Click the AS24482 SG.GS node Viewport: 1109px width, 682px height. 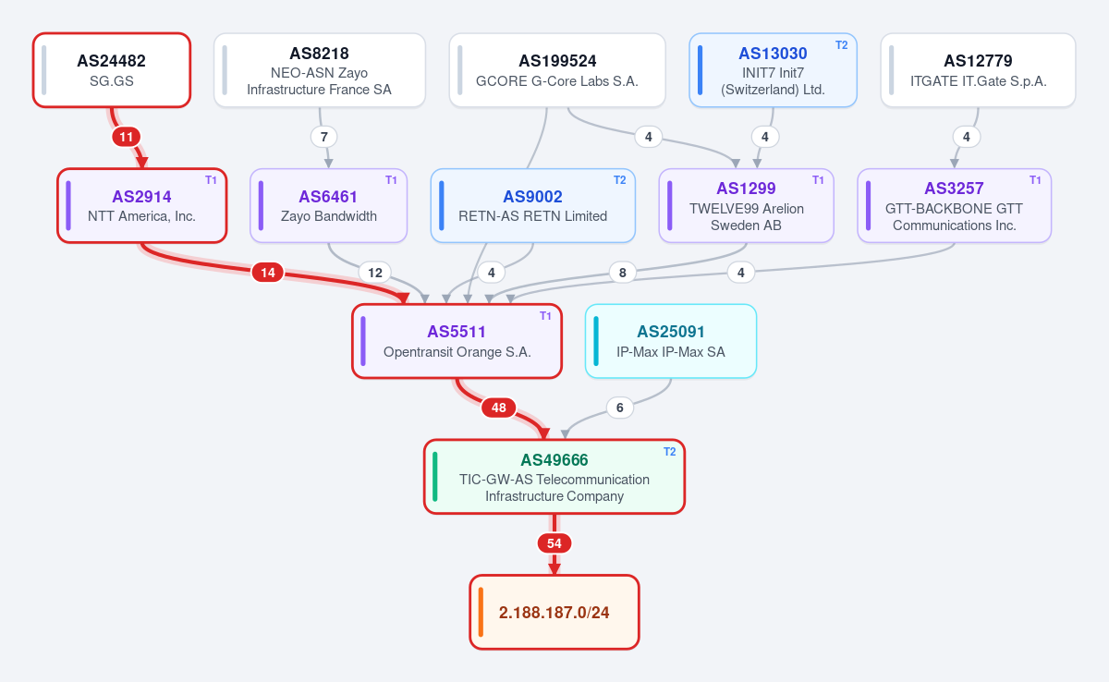pyautogui.click(x=112, y=70)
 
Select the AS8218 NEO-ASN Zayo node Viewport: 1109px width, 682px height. pyautogui.click(x=320, y=70)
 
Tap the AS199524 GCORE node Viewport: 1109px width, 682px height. pyautogui.click(x=557, y=70)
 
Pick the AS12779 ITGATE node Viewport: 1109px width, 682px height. pyautogui.click(x=979, y=70)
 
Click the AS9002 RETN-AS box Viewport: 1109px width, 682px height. pyautogui.click(x=532, y=206)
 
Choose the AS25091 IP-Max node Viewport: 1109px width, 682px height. pyautogui.click(x=671, y=342)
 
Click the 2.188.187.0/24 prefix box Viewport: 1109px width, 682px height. pyautogui.click(x=554, y=612)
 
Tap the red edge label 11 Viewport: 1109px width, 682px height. pyautogui.click(x=127, y=137)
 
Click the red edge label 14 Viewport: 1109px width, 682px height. pyautogui.click(x=268, y=273)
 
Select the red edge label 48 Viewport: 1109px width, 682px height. pyautogui.click(x=498, y=408)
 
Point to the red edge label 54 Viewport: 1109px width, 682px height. pyautogui.click(x=554, y=543)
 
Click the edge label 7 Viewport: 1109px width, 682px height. pyautogui.click(x=323, y=137)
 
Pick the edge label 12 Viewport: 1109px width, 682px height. pyautogui.click(x=375, y=273)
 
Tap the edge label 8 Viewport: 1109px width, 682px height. pyautogui.click(x=622, y=273)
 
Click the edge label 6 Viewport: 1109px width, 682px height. pyautogui.click(x=619, y=408)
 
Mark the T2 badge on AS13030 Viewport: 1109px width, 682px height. pyautogui.click(x=842, y=45)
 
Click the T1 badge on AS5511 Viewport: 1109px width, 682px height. pyautogui.click(x=545, y=316)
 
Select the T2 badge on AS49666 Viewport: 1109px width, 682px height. pyautogui.click(x=669, y=451)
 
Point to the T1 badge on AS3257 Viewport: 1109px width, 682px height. pyautogui.click(x=1035, y=180)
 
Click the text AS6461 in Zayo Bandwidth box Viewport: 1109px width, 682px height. pyautogui.click(x=328, y=197)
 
